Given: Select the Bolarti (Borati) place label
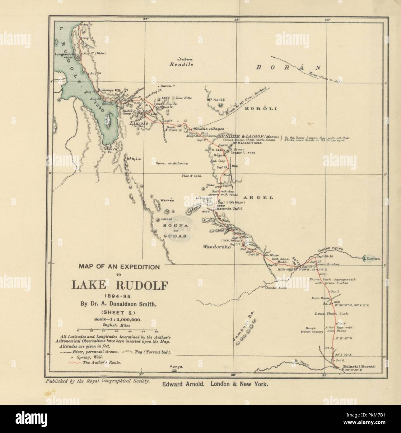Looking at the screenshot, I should point(358,366).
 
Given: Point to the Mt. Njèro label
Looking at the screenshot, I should point(134,159).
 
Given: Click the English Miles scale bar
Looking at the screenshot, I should point(118,330).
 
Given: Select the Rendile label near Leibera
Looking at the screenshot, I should point(181,65).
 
